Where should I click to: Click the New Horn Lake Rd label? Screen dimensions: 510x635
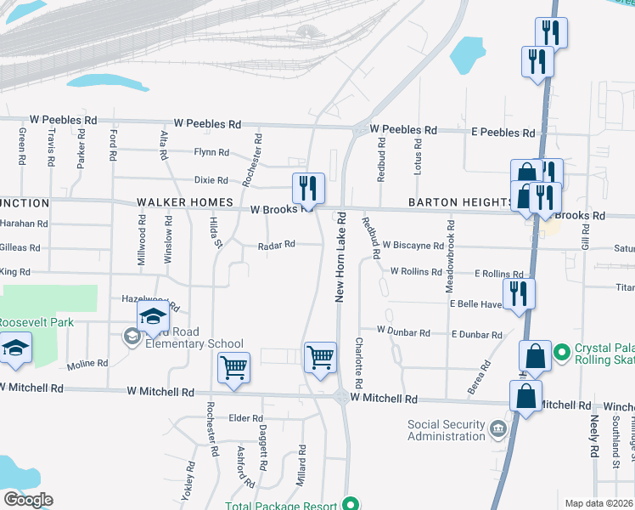point(340,257)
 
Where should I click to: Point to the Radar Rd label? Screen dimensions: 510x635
point(277,244)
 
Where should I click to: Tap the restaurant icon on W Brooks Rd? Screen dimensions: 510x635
point(306,188)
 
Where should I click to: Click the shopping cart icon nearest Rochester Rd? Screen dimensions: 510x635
point(233,368)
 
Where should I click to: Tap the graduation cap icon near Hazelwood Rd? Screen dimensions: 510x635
point(153,318)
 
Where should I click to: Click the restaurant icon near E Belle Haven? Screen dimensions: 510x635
point(518,293)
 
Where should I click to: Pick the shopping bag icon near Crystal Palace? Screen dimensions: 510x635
point(536,357)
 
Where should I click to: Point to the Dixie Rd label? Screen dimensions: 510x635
point(211,180)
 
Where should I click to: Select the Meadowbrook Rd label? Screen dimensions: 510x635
point(451,252)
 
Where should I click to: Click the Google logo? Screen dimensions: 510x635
point(28,500)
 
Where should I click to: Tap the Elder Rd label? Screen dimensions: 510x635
point(245,418)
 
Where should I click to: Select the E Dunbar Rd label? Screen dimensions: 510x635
point(477,335)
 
